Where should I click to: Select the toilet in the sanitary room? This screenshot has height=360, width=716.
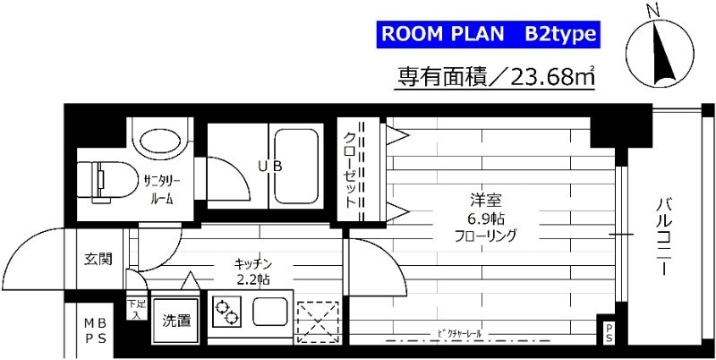[103, 176]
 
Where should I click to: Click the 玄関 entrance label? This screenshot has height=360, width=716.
[98, 260]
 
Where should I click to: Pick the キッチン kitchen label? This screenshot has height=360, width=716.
[252, 263]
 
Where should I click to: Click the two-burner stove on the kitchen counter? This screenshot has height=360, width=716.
[227, 313]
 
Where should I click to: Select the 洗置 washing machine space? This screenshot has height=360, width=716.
[176, 320]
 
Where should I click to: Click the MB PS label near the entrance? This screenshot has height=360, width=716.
[94, 330]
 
